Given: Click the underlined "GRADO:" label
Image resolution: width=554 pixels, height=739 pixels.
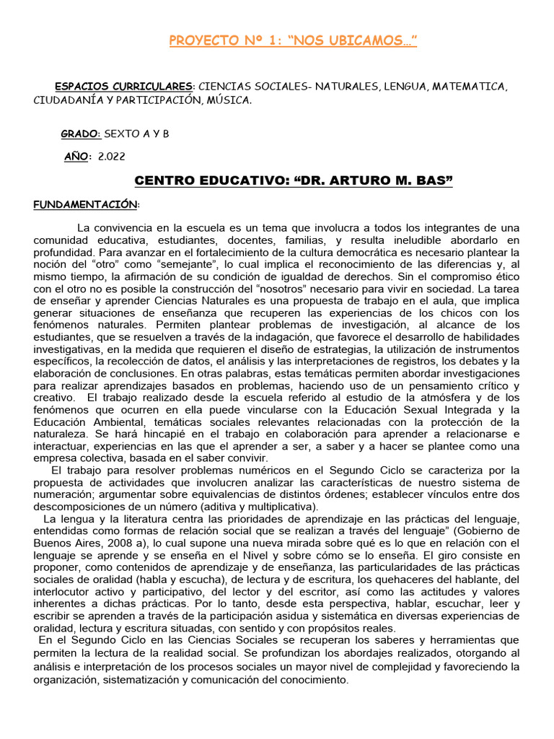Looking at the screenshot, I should (81, 134).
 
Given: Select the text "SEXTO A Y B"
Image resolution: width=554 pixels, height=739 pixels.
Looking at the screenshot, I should (137, 134).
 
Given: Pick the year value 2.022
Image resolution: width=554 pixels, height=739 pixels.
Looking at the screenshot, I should (111, 157).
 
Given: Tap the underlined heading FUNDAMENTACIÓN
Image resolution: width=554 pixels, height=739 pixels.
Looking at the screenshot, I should (85, 204).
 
